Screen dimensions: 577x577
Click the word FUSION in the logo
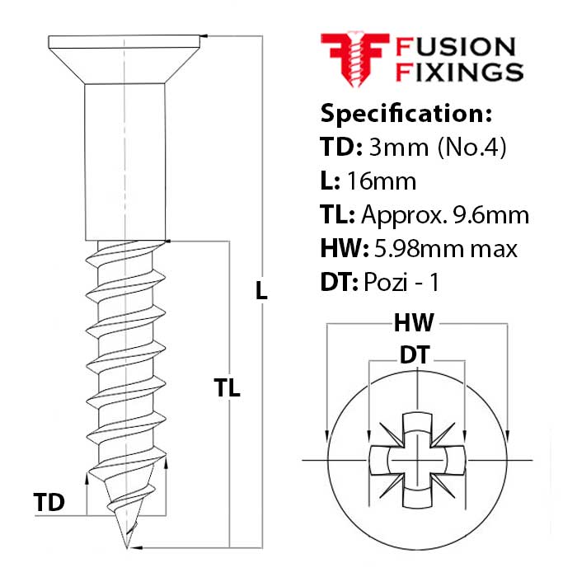point(456,48)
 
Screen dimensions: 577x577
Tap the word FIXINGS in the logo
point(460,72)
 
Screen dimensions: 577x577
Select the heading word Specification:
point(406,113)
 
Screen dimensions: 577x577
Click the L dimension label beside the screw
point(262,290)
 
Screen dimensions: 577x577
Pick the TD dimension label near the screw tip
point(49,502)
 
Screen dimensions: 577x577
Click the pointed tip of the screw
point(126,545)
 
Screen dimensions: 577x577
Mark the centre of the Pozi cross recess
point(417,458)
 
